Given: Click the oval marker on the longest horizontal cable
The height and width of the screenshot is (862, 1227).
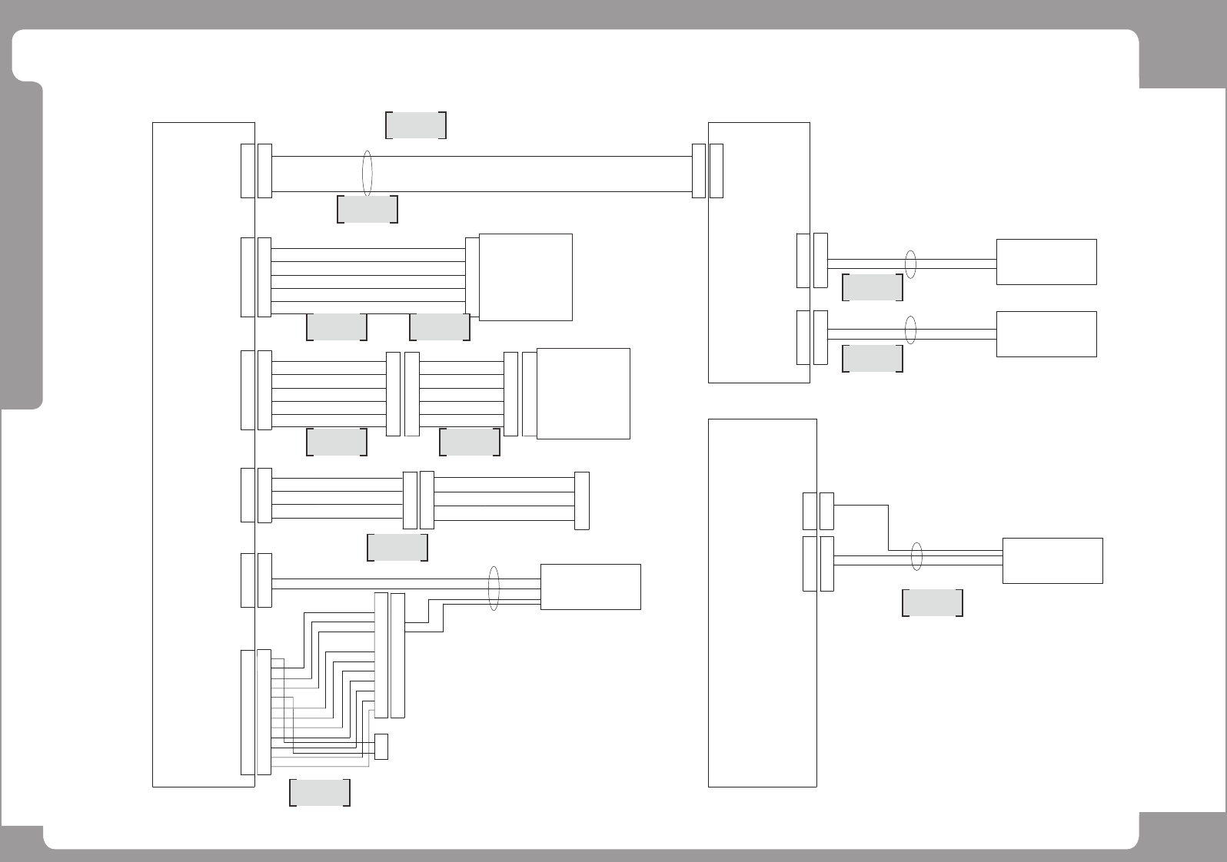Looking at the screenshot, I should (367, 174).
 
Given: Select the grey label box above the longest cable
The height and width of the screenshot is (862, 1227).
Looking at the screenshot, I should (415, 125).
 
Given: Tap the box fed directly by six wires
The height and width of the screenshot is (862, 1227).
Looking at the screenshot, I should (526, 277).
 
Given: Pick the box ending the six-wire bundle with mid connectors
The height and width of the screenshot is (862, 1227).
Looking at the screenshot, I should (583, 393).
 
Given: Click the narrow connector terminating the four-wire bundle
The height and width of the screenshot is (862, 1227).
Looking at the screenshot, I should (582, 501).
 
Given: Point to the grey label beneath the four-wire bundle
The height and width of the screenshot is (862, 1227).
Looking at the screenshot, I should (397, 548).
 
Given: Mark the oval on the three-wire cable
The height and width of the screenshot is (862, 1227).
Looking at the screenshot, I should (494, 588).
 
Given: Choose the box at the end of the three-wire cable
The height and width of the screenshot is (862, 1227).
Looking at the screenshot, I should (590, 587).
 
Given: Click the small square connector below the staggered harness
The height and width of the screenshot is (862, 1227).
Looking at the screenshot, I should (381, 747).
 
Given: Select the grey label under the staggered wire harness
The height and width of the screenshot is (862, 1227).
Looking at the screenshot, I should (320, 793).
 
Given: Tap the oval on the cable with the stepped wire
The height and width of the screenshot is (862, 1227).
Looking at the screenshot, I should (916, 557).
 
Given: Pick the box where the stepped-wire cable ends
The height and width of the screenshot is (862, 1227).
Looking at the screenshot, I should (1052, 561).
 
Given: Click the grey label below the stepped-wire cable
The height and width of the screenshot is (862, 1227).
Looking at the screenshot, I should (932, 603).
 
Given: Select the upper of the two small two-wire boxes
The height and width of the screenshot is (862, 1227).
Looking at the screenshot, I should (1046, 262).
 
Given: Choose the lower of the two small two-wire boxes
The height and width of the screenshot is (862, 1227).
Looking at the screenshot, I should (1046, 334).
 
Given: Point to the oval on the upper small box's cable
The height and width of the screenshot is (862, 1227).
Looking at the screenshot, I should (911, 264).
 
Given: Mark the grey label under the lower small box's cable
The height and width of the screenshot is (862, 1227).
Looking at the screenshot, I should (872, 359).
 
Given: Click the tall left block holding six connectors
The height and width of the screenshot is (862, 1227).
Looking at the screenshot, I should (203, 453).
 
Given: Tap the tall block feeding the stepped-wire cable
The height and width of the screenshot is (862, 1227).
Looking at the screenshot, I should (761, 603).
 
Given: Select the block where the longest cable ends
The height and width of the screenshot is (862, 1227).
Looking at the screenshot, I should (758, 252).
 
